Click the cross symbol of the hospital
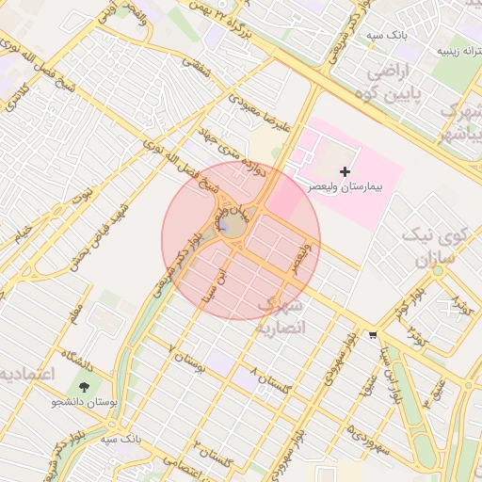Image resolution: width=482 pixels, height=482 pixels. [x=345, y=171]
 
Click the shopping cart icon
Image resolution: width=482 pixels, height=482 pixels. [x=373, y=334]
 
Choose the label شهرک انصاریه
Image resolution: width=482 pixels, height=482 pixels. [x=281, y=316]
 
